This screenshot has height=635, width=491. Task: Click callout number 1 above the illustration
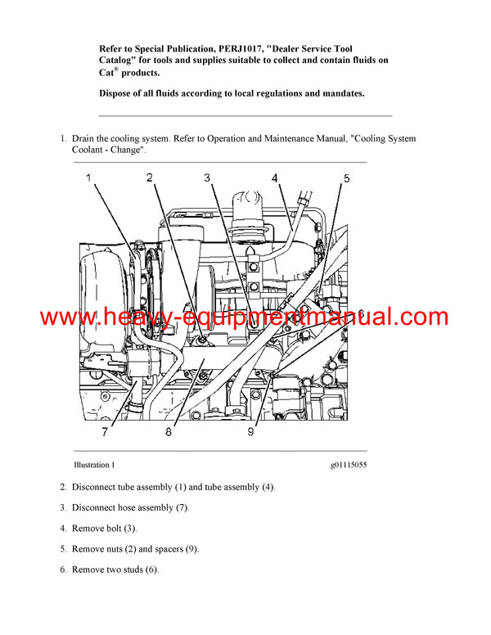88,178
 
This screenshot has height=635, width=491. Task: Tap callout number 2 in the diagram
149,178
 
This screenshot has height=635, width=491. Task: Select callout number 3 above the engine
208,178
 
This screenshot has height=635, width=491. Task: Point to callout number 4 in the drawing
275,178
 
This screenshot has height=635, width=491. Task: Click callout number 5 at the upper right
346,178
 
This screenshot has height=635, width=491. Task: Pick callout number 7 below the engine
105,432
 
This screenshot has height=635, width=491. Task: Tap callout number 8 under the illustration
168,432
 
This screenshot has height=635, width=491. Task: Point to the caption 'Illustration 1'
93,465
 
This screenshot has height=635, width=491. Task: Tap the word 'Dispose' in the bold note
118,93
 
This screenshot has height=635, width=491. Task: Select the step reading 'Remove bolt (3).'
104,529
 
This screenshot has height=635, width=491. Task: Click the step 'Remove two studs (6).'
115,570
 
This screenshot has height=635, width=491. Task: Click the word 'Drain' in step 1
85,139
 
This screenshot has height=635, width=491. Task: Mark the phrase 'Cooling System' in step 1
385,139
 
